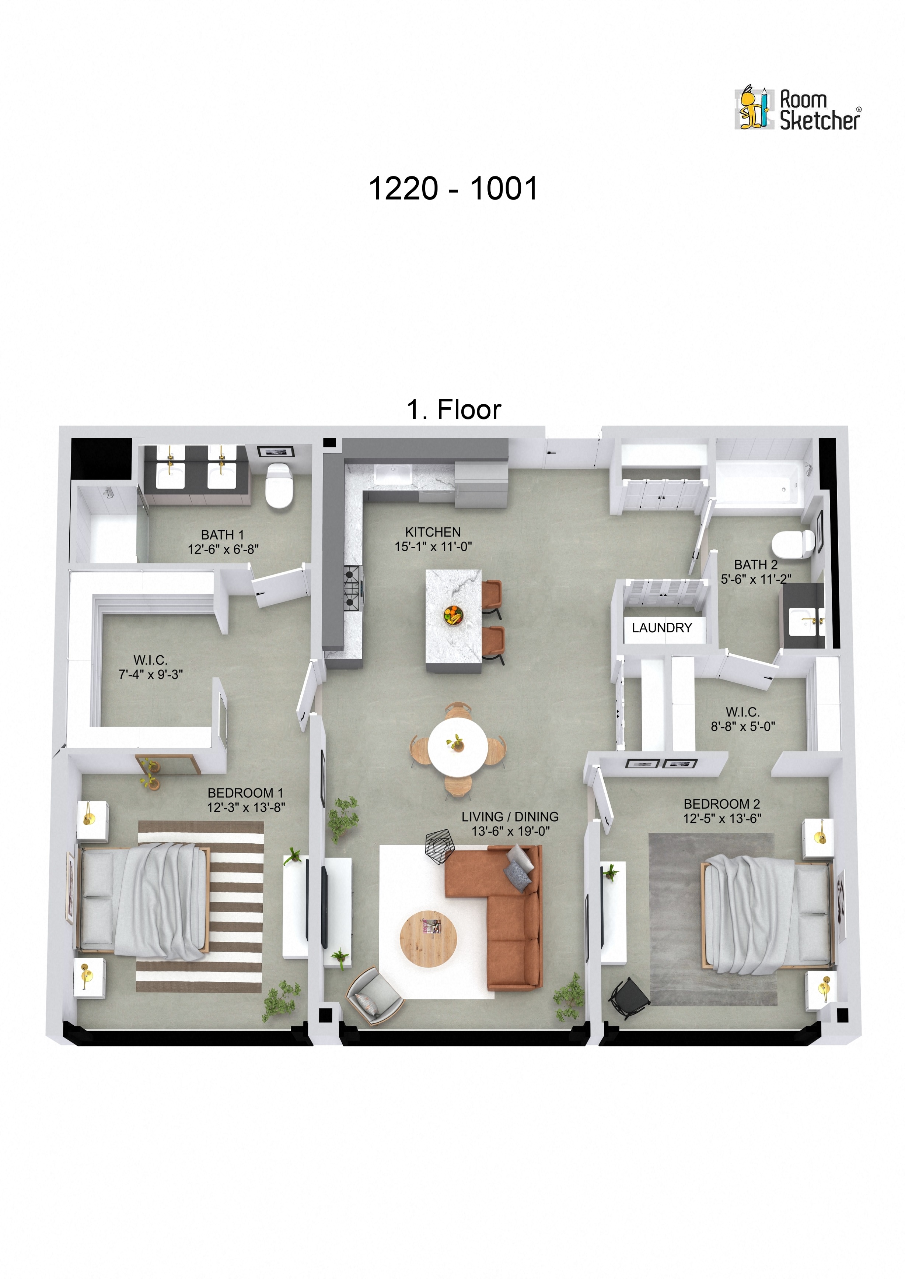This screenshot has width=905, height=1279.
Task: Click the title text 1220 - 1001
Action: [x=452, y=189]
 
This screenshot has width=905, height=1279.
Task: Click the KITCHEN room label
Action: [x=433, y=532]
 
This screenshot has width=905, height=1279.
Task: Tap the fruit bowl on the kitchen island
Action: [x=453, y=615]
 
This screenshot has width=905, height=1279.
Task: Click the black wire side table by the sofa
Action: [x=440, y=847]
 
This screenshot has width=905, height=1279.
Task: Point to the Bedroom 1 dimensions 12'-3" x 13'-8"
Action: [x=246, y=807]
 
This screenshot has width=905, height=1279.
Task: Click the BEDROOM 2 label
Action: [x=721, y=804]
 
